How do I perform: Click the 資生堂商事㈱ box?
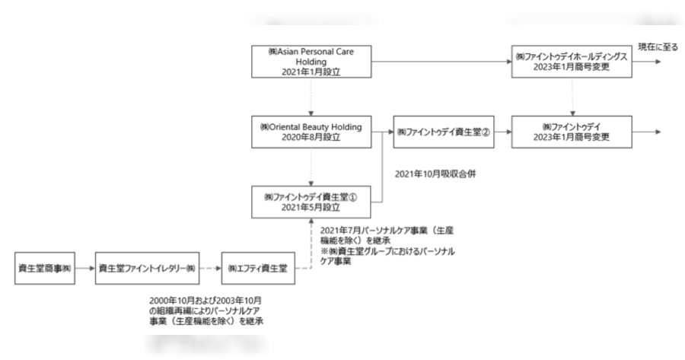[43, 269]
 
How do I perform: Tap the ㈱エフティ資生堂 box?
[260, 269]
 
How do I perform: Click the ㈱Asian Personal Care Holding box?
[312, 61]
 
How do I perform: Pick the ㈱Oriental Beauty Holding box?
[312, 132]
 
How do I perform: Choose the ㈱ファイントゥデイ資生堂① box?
[312, 202]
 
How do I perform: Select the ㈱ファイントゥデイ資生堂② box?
[442, 132]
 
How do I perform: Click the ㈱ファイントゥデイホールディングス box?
[572, 61]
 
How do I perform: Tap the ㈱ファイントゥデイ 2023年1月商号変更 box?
[572, 132]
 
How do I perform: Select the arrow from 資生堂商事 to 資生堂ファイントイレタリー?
[84, 269]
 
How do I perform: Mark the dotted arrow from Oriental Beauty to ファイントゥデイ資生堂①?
[312, 167]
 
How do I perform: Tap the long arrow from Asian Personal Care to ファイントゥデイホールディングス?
[442, 61]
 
